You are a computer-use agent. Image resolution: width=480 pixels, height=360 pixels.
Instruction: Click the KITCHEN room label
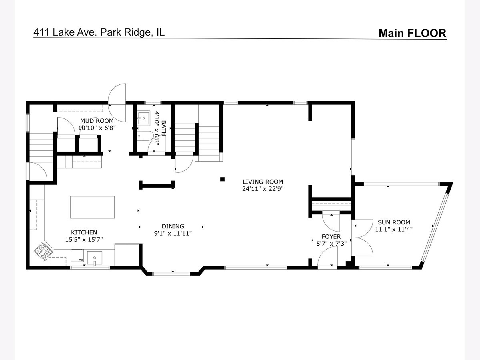[84, 232]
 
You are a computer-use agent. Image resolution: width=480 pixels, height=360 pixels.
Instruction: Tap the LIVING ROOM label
[263, 182]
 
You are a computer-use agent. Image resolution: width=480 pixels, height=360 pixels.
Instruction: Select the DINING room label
[173, 226]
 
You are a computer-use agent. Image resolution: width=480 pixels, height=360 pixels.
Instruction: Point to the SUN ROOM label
[394, 222]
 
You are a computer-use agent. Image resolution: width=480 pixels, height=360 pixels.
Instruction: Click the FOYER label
[331, 236]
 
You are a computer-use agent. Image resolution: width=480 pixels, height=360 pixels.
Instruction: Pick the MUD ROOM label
[97, 121]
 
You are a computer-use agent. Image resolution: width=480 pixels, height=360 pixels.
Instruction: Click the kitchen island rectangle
[92, 207]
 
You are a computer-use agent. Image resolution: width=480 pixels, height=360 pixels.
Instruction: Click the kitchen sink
[95, 258]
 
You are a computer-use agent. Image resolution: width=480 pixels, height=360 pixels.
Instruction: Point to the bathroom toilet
[145, 136]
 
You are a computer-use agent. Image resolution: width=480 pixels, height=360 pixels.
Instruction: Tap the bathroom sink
[144, 118]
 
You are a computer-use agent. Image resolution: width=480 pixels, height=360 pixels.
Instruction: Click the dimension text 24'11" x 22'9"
[263, 189]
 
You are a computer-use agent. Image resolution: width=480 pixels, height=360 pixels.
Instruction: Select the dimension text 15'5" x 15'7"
[84, 239]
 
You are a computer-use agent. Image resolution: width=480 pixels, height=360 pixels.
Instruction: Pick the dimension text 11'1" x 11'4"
[394, 229]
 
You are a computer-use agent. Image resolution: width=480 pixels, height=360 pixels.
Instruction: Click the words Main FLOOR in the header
[412, 33]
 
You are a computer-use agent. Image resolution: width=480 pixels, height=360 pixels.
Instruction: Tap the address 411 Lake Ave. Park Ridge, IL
[99, 32]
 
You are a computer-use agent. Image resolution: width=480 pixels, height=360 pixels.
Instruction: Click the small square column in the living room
[222, 180]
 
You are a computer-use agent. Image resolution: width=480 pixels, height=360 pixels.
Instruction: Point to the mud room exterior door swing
[117, 103]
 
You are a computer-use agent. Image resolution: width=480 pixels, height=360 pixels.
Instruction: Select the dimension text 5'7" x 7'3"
[331, 244]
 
